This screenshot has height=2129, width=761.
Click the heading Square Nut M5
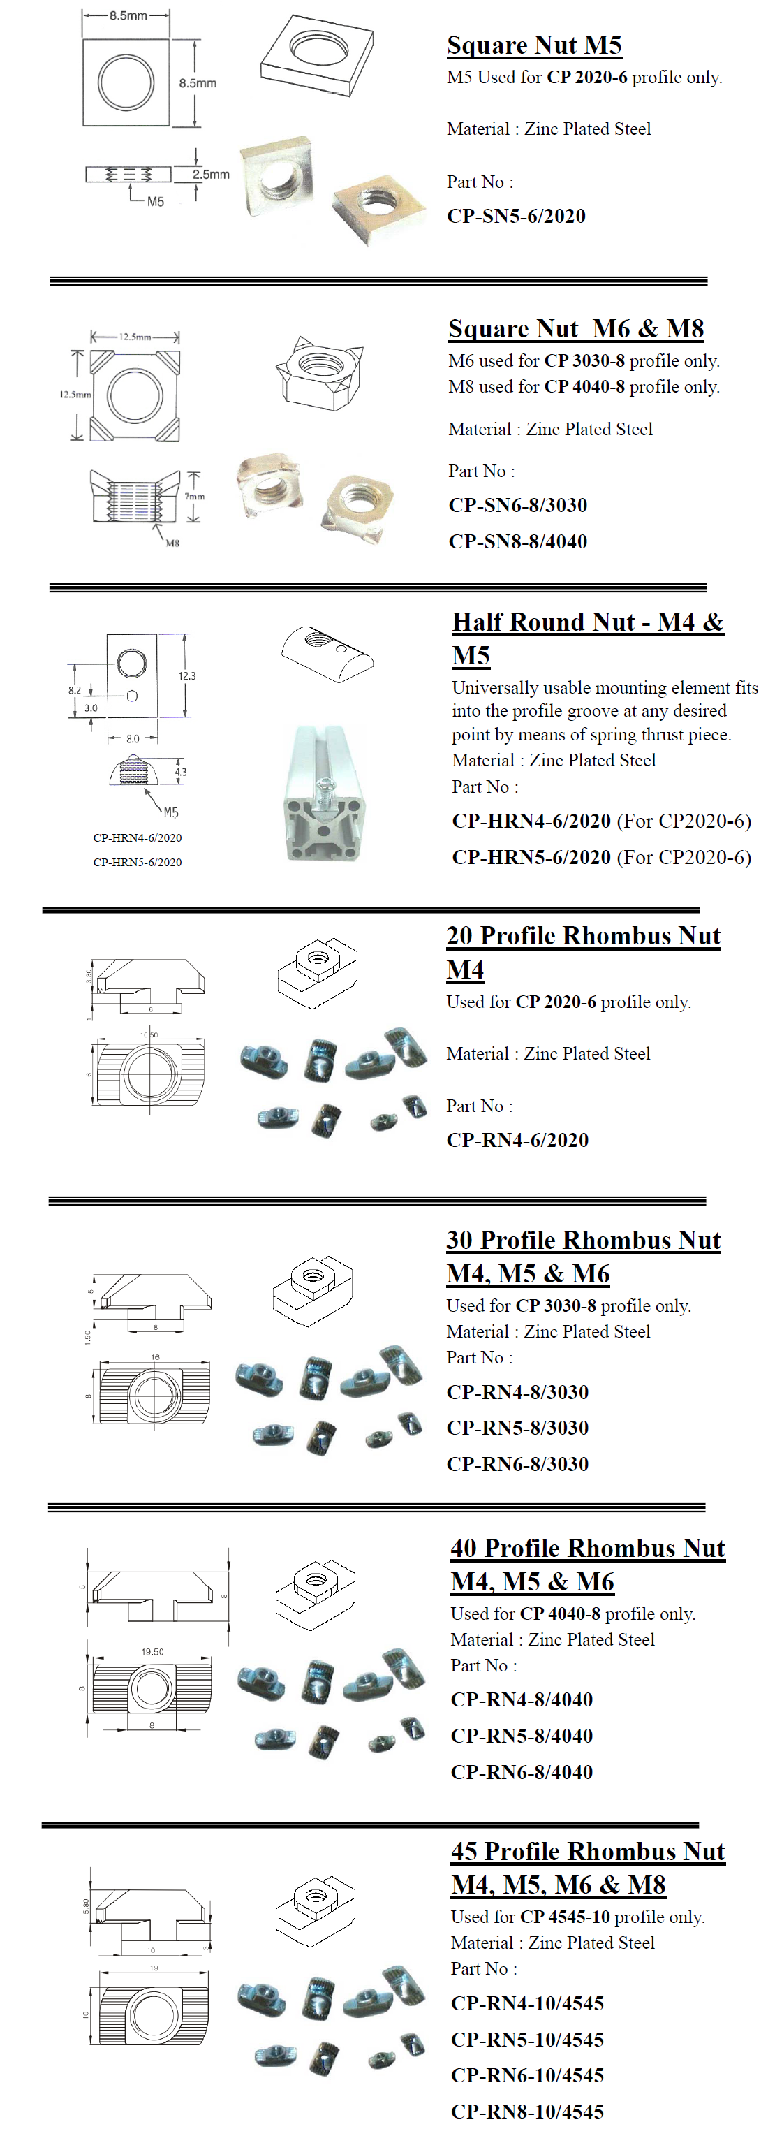click(534, 45)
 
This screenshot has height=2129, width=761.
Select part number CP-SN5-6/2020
click(516, 216)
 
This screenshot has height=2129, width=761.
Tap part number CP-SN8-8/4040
click(517, 541)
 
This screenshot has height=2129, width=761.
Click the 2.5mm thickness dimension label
click(211, 175)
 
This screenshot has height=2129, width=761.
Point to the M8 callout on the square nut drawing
click(172, 543)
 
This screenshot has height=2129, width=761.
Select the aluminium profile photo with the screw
click(323, 794)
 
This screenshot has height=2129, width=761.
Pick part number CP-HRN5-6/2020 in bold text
click(531, 857)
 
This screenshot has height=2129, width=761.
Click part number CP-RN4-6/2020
click(517, 1140)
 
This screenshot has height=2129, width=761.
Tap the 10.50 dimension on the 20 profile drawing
click(149, 1034)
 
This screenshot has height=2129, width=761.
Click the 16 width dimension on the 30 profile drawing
click(155, 1357)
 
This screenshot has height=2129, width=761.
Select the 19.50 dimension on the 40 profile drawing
click(152, 1651)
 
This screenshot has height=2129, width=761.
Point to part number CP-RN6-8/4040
click(522, 1771)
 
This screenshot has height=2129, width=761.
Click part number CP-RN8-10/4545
click(527, 2111)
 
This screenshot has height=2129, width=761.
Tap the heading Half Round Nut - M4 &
click(586, 622)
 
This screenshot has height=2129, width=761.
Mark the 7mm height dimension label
click(195, 497)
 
